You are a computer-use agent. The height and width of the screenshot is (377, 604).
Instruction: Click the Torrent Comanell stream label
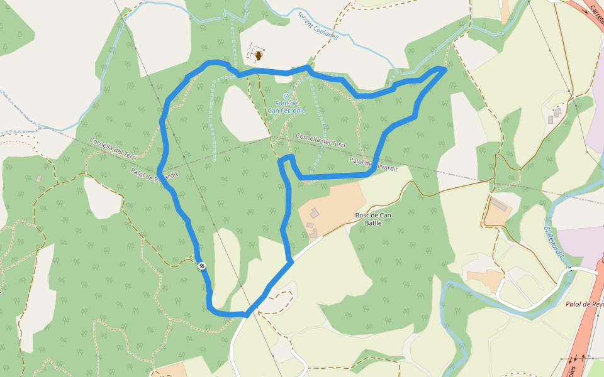coord(318,26)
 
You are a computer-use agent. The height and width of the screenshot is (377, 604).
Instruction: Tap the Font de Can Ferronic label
coord(286,107)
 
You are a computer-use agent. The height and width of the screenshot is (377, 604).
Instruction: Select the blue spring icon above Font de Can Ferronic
coord(286,96)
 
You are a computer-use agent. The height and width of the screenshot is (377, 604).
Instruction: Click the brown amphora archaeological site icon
coord(258,56)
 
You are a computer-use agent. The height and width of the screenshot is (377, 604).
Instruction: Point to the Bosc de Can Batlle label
coord(373,219)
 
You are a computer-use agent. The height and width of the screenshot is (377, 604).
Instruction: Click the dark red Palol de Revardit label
coord(584,304)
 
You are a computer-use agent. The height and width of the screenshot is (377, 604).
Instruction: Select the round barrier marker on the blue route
coord(202,266)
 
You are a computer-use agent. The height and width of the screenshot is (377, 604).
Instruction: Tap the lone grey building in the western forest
coord(39,179)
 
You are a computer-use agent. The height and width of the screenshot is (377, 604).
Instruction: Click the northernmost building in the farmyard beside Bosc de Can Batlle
coord(315,213)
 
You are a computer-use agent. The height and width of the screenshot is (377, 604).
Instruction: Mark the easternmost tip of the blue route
coord(445,69)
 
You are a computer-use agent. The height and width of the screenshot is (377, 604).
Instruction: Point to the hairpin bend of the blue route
coord(286,158)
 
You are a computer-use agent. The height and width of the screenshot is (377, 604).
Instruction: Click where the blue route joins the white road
coord(291,262)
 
